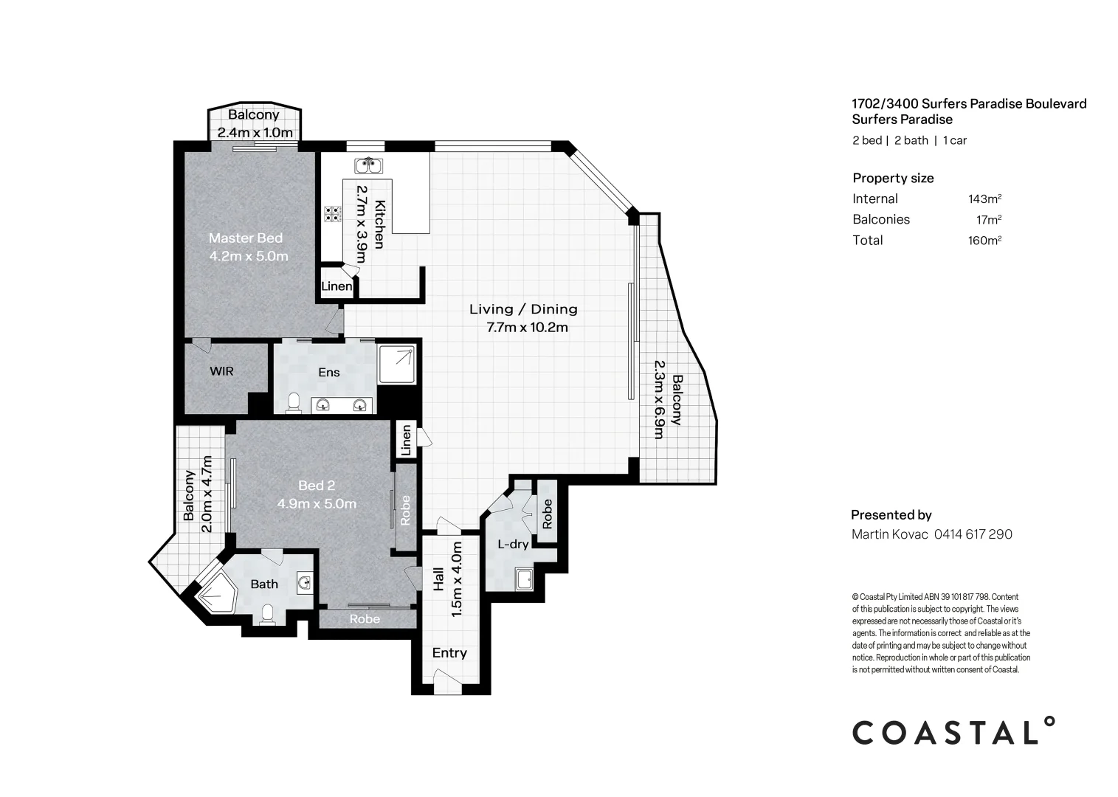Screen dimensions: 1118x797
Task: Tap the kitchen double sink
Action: click(368, 165)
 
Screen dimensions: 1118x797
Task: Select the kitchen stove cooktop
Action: click(333, 213)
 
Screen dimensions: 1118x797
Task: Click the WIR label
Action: click(221, 370)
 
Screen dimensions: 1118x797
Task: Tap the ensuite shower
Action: click(397, 365)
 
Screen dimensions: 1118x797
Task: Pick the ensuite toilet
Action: click(294, 403)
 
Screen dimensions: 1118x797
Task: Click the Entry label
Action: click(449, 653)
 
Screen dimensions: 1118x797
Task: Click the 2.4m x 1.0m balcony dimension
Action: click(255, 133)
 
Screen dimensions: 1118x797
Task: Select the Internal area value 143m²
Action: click(984, 199)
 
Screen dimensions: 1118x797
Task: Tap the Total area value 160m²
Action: click(984, 240)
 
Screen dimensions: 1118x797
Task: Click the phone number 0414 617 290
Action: click(973, 534)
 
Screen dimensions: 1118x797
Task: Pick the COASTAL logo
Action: click(953, 731)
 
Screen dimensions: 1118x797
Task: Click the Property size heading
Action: click(893, 178)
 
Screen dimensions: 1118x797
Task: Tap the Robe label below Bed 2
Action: click(365, 619)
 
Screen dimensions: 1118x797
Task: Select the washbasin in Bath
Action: click(305, 582)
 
